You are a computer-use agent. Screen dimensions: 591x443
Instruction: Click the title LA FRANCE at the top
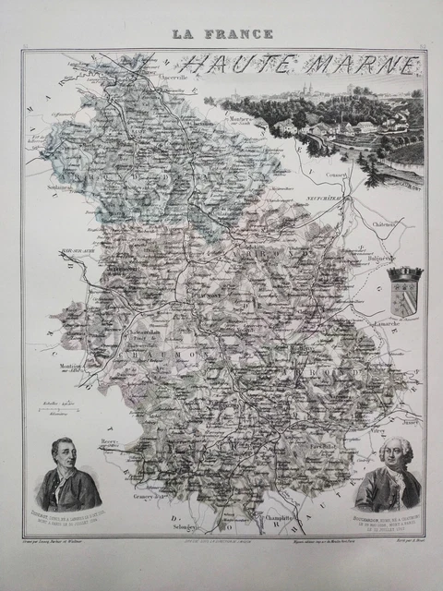pyautogui.click(x=221, y=34)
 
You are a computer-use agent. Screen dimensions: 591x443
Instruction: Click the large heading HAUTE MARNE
pyautogui.click(x=297, y=66)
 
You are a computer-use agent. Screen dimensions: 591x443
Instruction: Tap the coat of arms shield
pyautogui.click(x=404, y=294)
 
